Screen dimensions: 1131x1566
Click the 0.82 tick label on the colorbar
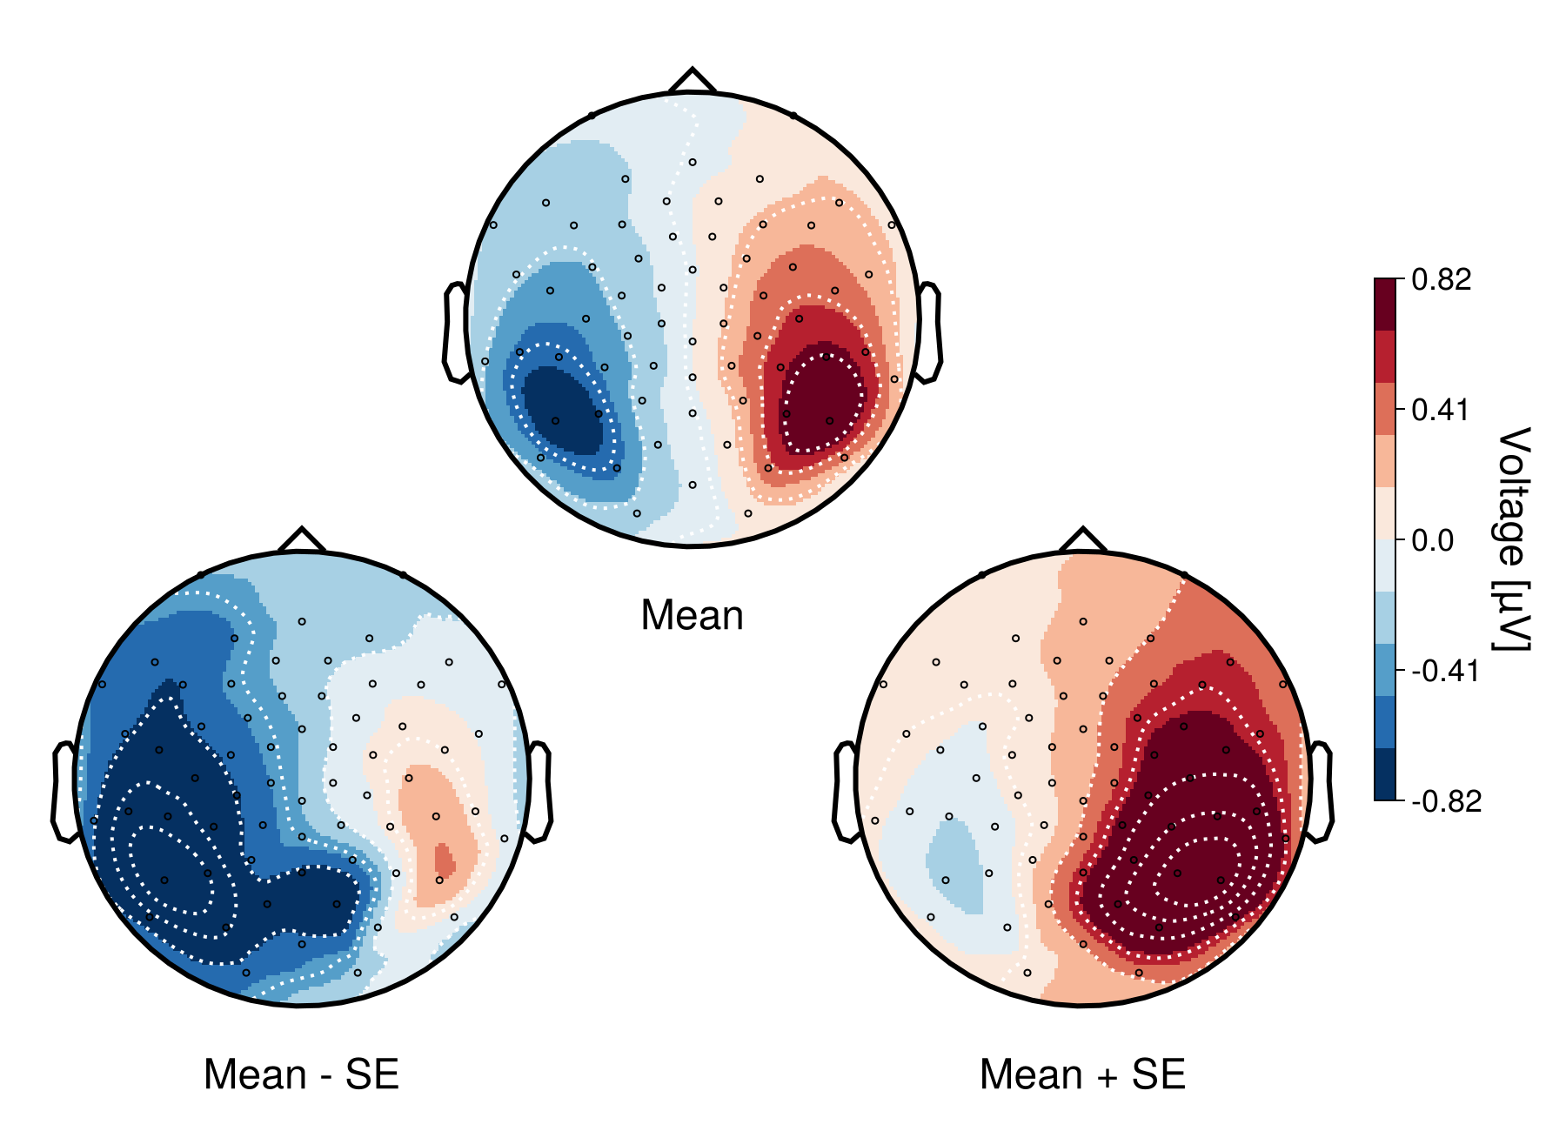tap(1442, 279)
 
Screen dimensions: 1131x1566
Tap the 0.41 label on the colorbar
tap(1442, 410)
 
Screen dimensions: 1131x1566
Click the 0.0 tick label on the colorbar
tap(1432, 540)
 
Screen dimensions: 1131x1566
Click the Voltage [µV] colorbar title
tap(1513, 539)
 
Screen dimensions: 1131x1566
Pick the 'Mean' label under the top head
tap(693, 616)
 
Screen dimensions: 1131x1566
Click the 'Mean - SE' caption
tap(301, 1075)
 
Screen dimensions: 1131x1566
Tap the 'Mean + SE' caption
tap(1082, 1075)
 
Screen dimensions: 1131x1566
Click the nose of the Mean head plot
tap(693, 79)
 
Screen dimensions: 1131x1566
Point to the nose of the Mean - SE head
tap(302, 539)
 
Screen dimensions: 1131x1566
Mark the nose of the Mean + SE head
tap(1083, 539)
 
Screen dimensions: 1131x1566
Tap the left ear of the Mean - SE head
tap(64, 792)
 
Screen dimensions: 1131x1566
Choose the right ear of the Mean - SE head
tap(539, 792)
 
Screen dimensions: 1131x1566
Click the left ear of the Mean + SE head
tap(846, 792)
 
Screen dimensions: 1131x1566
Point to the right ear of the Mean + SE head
tap(1321, 792)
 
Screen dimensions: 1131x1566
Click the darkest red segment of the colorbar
tap(1385, 304)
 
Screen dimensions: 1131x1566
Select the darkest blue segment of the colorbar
tap(1385, 774)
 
